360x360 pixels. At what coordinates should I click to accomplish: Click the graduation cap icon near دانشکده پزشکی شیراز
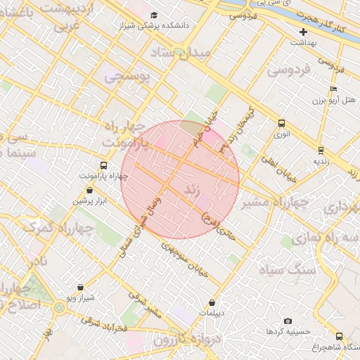click(x=154, y=15)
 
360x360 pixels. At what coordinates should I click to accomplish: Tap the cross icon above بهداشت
click(x=304, y=32)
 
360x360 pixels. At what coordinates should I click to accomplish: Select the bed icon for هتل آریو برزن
click(x=333, y=89)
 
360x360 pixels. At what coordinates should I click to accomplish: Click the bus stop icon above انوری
click(x=282, y=122)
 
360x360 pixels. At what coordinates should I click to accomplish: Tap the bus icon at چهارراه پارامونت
click(x=104, y=165)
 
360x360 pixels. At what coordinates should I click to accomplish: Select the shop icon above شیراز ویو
click(x=81, y=287)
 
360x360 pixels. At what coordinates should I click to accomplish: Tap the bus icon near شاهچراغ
click(x=340, y=336)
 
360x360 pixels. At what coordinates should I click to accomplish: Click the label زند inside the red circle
click(x=193, y=191)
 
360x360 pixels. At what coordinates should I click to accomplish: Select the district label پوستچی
click(x=127, y=77)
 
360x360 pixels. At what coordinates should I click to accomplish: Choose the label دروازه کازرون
click(x=181, y=340)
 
